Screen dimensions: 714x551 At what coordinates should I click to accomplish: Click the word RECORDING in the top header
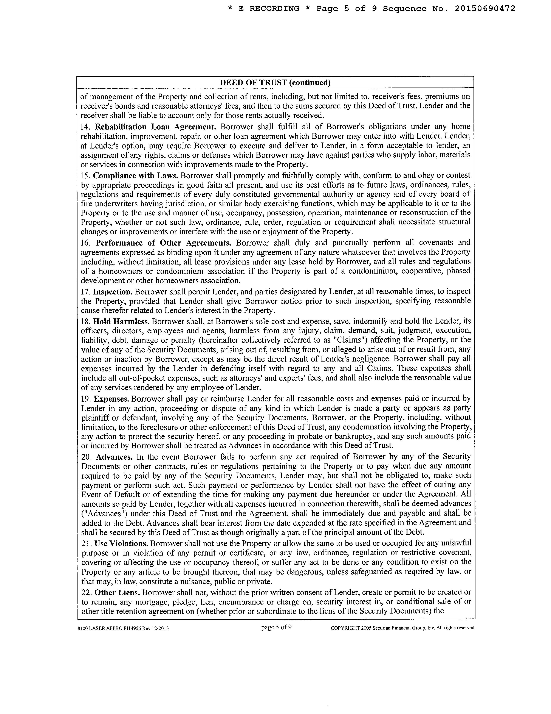tap(274, 8)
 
